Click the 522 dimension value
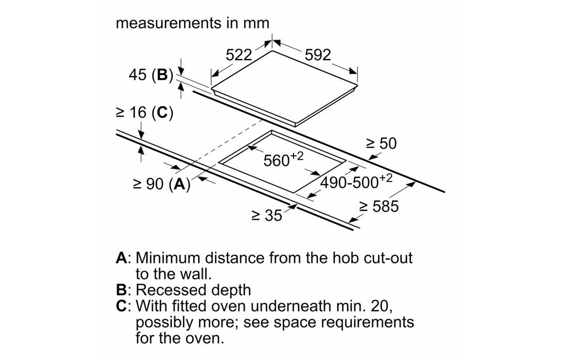tap(239, 56)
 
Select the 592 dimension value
tap(318, 55)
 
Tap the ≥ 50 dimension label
tap(381, 143)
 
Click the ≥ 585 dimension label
tap(379, 207)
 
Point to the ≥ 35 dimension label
tap(267, 215)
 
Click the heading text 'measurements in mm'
tap(193, 24)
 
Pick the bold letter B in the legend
tap(121, 290)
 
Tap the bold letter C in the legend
tap(122, 307)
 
